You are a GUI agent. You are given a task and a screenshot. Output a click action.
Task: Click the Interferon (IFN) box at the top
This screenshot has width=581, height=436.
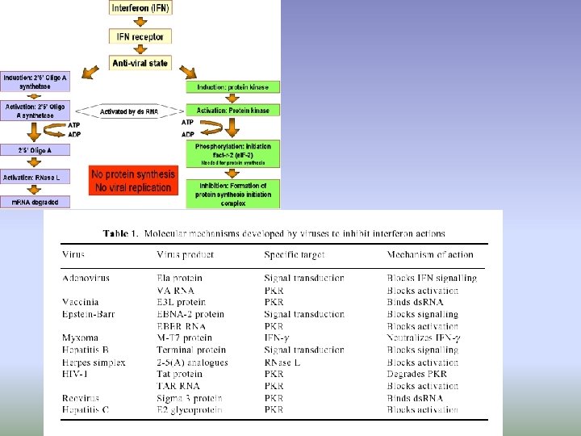point(140,9)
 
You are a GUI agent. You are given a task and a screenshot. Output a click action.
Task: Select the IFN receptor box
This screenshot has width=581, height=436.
point(140,36)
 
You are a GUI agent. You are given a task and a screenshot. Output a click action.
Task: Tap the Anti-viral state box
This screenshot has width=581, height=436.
point(140,61)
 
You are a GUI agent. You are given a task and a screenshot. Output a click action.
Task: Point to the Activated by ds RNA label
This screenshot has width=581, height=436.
point(128,111)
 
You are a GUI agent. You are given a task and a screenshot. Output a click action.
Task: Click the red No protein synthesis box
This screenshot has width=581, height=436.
point(132,181)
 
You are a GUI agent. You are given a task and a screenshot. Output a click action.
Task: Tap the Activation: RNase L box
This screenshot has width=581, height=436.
point(35,177)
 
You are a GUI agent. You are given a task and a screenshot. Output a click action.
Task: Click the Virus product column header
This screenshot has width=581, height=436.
point(185,255)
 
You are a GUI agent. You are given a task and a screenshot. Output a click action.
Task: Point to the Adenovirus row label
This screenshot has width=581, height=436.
point(86,278)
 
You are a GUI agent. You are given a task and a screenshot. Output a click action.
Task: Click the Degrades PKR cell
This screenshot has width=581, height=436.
point(416,374)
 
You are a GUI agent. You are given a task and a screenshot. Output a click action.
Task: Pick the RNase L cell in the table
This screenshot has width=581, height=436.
point(282,363)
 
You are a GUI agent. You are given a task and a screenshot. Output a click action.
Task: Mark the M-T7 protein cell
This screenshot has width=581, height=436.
point(185,338)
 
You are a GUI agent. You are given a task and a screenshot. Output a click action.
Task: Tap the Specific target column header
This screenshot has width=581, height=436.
point(294,255)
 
